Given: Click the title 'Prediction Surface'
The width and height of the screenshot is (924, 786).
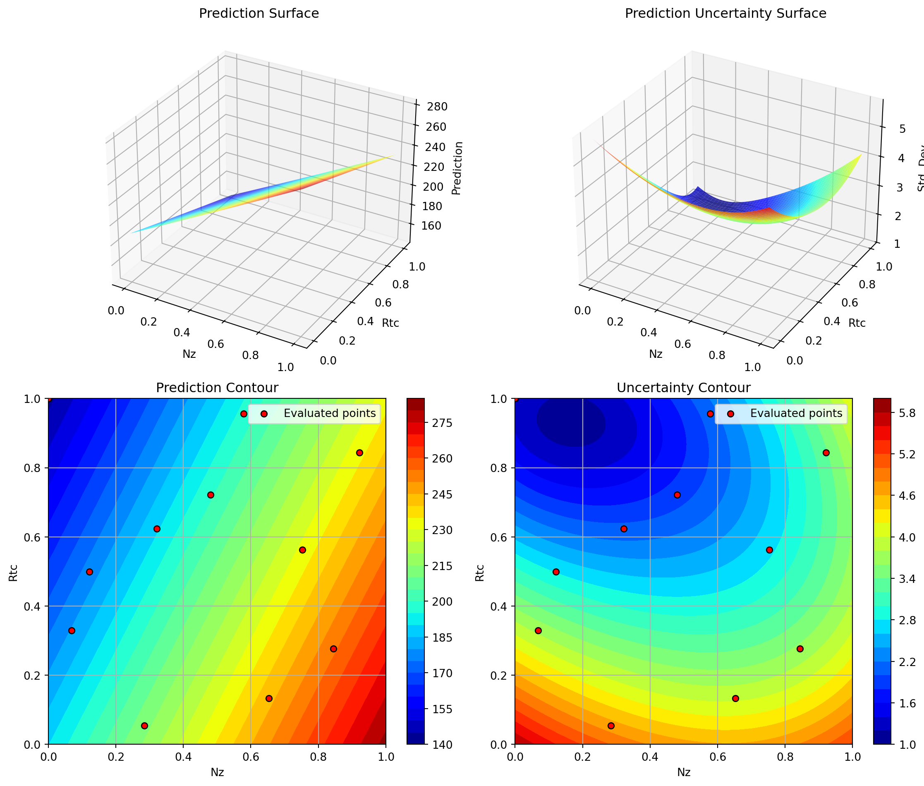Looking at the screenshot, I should (x=259, y=13).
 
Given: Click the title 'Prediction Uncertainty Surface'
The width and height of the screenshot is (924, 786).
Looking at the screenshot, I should (x=725, y=13).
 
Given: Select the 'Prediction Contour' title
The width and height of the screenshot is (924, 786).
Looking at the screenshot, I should (x=217, y=388).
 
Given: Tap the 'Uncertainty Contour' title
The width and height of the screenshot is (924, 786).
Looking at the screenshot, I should (x=683, y=388).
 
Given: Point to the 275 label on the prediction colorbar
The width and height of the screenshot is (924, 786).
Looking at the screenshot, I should (x=443, y=423).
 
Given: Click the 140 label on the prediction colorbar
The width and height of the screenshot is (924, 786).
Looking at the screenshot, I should (x=443, y=745).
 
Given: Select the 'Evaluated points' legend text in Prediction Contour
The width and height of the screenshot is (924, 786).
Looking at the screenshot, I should (x=330, y=414).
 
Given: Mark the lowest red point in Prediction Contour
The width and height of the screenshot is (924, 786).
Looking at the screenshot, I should (x=144, y=726).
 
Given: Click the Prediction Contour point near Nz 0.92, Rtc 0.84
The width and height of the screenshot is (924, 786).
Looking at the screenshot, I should (x=359, y=453).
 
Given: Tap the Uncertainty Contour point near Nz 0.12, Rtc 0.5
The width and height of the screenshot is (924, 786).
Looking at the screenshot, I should (x=556, y=572).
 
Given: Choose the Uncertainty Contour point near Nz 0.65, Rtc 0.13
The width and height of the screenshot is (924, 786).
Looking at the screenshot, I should (x=735, y=698).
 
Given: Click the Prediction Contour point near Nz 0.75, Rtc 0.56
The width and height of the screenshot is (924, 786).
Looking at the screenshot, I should (x=302, y=550).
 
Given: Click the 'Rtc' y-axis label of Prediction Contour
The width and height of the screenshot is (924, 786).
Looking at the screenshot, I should (x=13, y=573).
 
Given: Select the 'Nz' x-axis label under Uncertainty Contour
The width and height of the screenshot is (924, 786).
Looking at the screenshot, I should (x=683, y=772).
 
